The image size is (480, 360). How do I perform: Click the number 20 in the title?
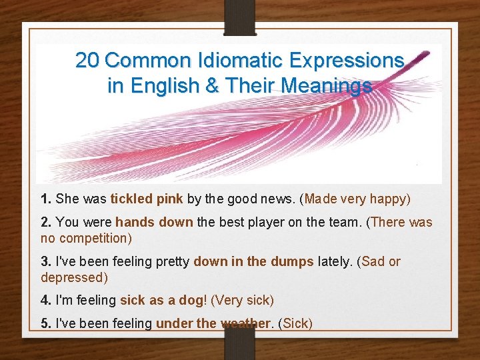click(x=88, y=61)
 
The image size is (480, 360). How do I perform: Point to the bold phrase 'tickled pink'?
click(x=147, y=199)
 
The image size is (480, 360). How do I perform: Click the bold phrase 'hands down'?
click(x=154, y=223)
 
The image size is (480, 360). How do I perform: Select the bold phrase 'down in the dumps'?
click(x=253, y=261)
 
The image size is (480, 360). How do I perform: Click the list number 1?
click(x=46, y=199)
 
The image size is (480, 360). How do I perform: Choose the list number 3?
click(x=46, y=261)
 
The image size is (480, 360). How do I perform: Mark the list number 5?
click(x=46, y=324)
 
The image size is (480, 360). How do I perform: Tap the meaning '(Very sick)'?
click(x=242, y=301)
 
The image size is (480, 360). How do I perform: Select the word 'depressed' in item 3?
click(x=74, y=277)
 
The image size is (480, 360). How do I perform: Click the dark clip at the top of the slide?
click(x=240, y=17)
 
